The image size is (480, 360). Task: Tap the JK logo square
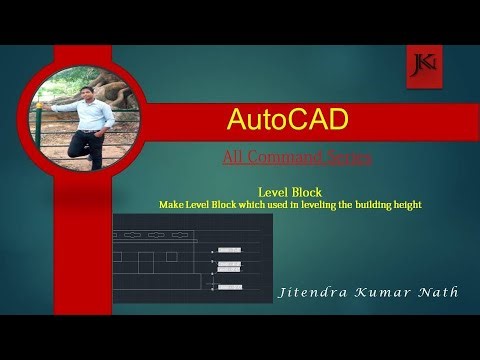(421, 65)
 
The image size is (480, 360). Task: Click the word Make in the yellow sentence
(171, 204)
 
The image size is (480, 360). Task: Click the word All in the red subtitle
(233, 157)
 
